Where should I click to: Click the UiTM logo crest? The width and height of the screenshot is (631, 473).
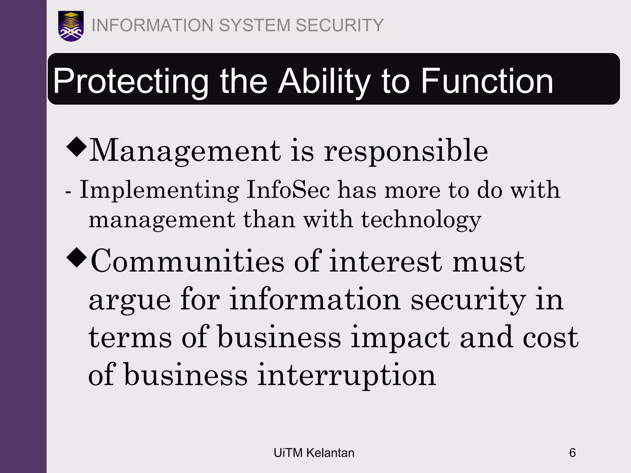point(71,26)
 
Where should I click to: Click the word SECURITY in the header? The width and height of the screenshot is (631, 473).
point(340,25)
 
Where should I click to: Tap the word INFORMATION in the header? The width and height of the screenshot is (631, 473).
point(153,25)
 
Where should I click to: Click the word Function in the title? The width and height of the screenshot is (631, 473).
point(487,81)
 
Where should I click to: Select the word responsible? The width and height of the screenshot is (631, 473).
point(406,151)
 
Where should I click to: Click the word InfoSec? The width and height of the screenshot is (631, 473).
point(288,190)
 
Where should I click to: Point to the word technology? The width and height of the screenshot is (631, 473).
point(421,220)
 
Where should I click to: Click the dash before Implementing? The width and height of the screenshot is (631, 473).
point(68,192)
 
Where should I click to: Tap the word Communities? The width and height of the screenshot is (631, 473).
point(187,261)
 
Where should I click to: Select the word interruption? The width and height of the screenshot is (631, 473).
point(347,375)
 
